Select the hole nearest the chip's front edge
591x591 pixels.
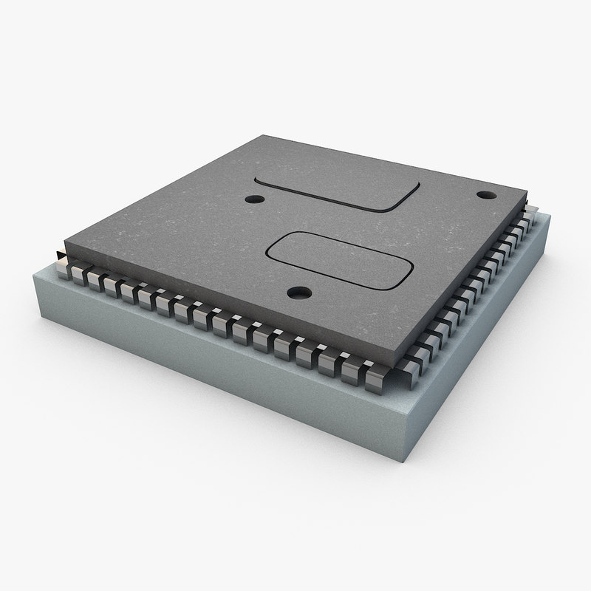tap(298, 294)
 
